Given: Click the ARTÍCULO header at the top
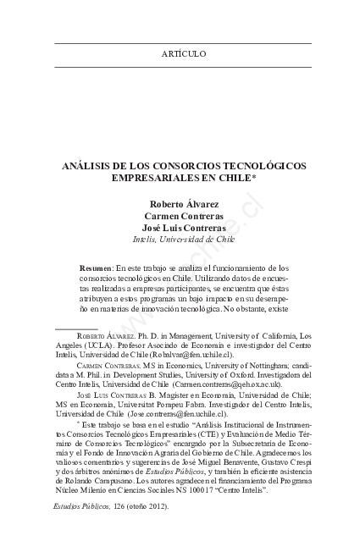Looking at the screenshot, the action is tap(183, 54).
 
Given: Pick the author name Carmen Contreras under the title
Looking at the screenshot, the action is tap(183, 216).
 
